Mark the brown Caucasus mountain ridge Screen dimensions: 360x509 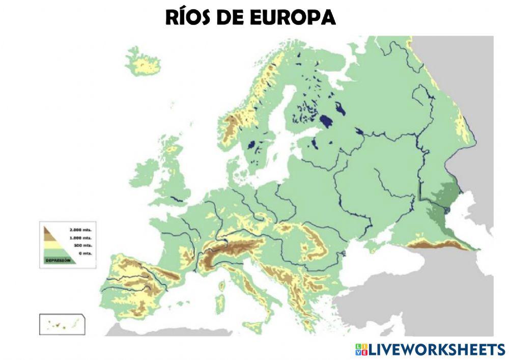[x=438, y=245]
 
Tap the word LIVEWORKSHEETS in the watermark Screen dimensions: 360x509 [x=436, y=349]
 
